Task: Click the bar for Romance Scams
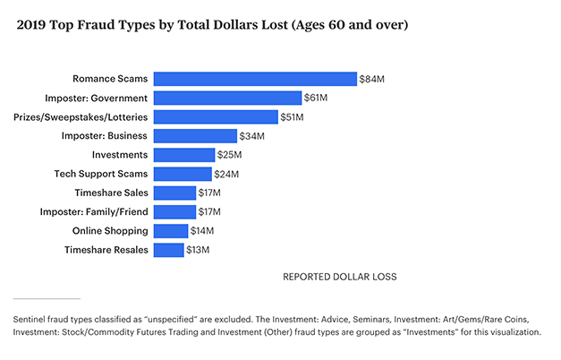click(255, 79)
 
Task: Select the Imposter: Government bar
click(227, 98)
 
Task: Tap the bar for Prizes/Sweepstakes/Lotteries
click(216, 117)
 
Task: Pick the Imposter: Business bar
click(195, 136)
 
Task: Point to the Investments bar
click(184, 155)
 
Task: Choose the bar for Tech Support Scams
click(183, 174)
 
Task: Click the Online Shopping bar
click(171, 231)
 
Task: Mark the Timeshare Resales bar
click(169, 250)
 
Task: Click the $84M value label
click(371, 79)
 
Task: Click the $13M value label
click(197, 250)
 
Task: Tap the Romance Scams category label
click(109, 79)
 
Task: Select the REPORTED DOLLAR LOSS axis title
click(339, 277)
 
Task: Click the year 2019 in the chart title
click(32, 26)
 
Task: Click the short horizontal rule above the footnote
click(47, 298)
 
